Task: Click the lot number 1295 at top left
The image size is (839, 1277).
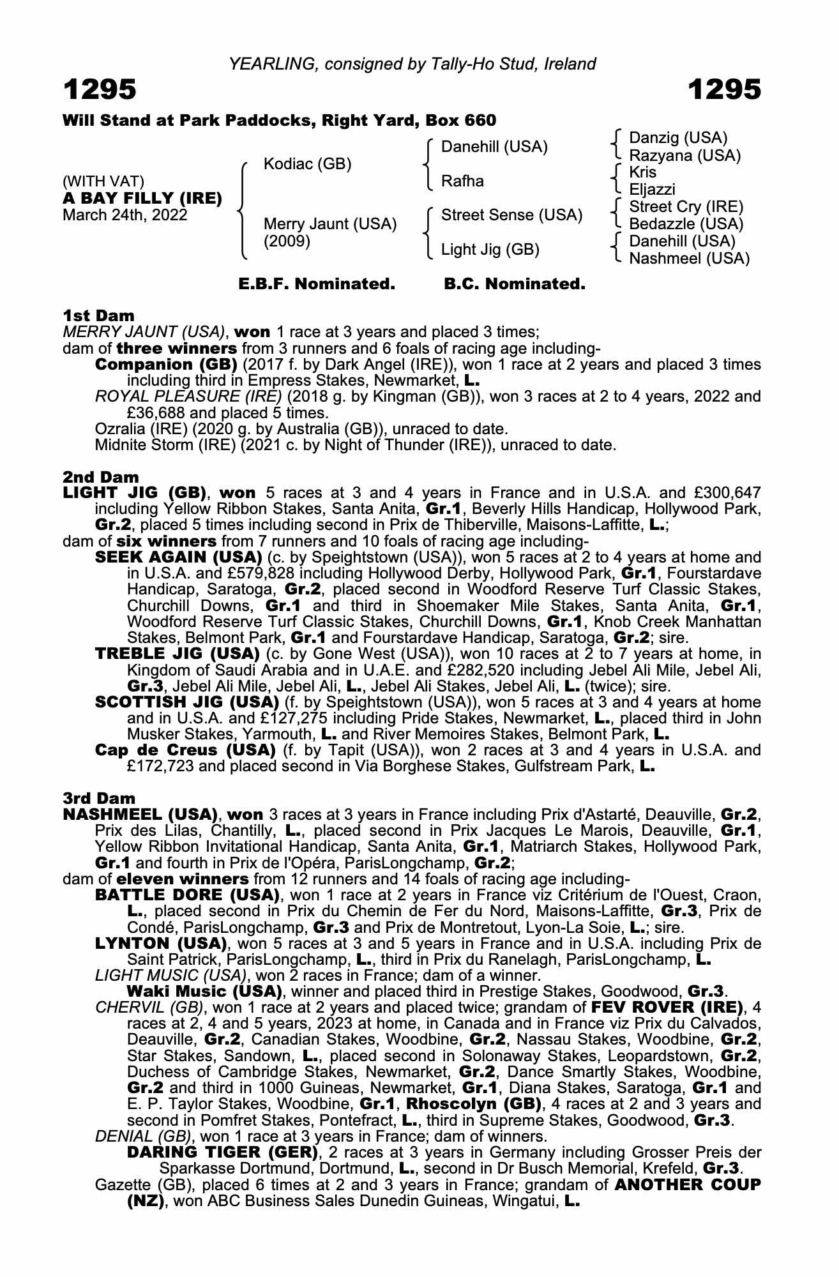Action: coord(100,90)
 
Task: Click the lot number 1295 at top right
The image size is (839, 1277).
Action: coord(725,90)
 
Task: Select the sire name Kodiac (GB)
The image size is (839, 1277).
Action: coord(307,164)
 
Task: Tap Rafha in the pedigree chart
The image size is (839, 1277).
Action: coord(462,181)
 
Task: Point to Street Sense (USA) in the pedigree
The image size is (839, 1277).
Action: coord(511,215)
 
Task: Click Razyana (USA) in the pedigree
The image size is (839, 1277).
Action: coord(684,155)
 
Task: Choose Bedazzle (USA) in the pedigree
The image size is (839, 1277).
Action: coord(686,224)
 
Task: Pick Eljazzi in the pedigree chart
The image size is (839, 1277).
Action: coord(652,190)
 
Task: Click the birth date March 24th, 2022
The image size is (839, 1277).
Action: coord(125,215)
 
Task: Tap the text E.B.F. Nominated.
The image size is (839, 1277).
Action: coord(317,284)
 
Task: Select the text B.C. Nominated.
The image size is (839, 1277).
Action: coord(515,284)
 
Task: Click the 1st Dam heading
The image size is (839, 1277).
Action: coord(99,315)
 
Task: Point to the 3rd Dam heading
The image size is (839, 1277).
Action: coord(100,798)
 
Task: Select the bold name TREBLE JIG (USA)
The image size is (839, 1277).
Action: coord(177,654)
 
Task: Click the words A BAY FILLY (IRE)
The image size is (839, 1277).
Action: coord(142,198)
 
